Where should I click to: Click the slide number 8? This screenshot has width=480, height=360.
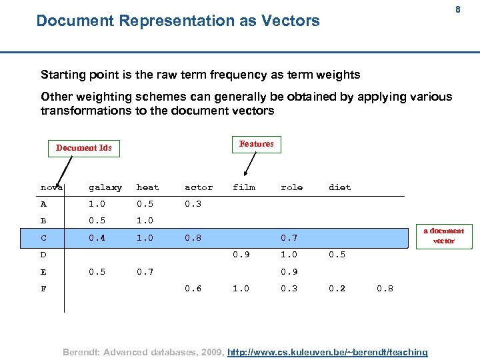[458, 10]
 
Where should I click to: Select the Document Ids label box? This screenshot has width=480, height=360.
[84, 147]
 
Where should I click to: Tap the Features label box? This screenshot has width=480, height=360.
[257, 144]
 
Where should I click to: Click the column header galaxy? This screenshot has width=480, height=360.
[105, 188]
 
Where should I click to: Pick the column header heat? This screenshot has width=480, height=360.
[148, 187]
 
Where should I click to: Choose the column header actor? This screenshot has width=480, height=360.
[199, 187]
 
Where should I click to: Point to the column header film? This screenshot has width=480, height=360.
[244, 187]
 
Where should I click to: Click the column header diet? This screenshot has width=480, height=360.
[339, 187]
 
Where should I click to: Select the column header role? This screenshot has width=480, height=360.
[291, 187]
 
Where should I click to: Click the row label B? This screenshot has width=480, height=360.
[44, 221]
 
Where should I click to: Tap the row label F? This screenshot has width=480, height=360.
[44, 289]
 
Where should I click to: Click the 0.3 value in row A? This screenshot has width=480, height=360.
[193, 204]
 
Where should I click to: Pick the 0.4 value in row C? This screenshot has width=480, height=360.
[97, 237]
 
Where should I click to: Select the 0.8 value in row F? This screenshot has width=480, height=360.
[385, 289]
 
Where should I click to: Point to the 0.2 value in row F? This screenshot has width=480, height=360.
[337, 289]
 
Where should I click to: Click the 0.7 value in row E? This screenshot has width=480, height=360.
[145, 271]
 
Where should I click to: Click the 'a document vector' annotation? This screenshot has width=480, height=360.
[443, 235]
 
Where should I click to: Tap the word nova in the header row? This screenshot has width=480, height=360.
[51, 187]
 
